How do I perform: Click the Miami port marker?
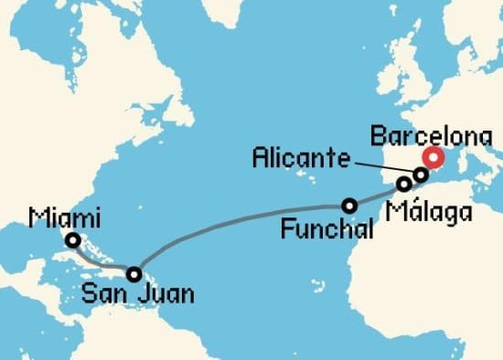pyautogui.click(x=72, y=241)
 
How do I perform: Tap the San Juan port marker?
pyautogui.click(x=134, y=273)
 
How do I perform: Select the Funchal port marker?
pyautogui.click(x=348, y=205)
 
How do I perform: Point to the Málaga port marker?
pyautogui.click(x=403, y=184)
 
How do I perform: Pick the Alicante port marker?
pyautogui.click(x=421, y=174)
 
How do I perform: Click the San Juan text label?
pyautogui.click(x=138, y=295)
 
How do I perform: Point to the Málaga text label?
pyautogui.click(x=430, y=212)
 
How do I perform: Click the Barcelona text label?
pyautogui.click(x=431, y=138)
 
